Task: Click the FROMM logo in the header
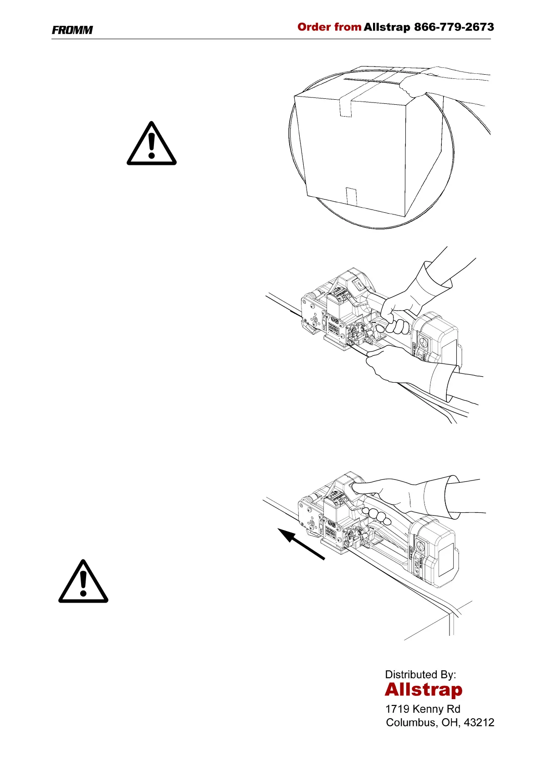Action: (72, 30)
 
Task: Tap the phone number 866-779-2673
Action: (454, 27)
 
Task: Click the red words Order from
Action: (329, 27)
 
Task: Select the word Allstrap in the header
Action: (387, 27)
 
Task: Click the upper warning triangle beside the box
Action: (151, 145)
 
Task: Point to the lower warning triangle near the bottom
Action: (83, 583)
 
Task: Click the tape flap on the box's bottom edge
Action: (351, 196)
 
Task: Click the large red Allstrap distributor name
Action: (423, 690)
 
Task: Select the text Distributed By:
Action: (420, 675)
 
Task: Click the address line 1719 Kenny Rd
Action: (423, 709)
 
